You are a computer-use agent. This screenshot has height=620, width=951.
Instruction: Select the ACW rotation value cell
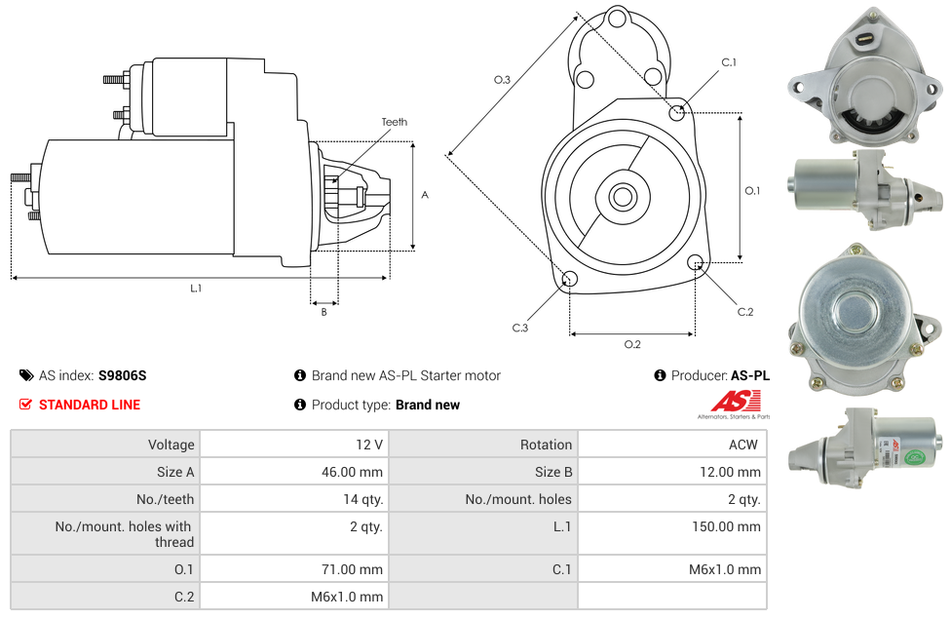[743, 445]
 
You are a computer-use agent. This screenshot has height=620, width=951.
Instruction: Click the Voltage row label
[171, 445]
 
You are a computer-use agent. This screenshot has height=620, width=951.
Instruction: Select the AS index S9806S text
[122, 375]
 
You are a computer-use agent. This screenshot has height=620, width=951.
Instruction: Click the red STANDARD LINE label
[89, 405]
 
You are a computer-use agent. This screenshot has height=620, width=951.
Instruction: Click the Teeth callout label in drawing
[395, 122]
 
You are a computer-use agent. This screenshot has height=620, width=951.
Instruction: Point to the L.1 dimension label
[196, 288]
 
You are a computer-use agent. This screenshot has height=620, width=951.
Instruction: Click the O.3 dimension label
[502, 80]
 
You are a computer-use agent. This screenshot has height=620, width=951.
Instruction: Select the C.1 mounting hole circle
[677, 112]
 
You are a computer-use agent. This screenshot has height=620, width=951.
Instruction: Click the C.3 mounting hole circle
[570, 281]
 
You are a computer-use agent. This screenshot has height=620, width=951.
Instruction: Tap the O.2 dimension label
[632, 343]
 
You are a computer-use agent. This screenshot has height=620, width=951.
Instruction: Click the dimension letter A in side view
[424, 195]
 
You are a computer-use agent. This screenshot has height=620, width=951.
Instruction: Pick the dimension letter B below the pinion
[324, 312]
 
